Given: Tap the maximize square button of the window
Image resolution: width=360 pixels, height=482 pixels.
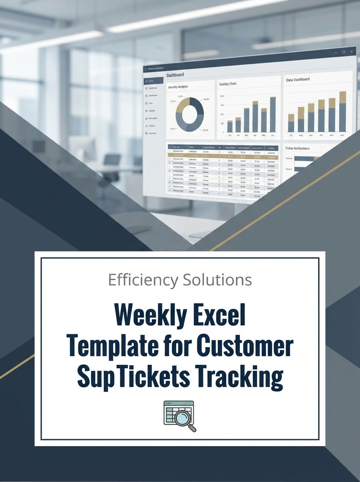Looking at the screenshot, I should pyautogui.click(x=344, y=52).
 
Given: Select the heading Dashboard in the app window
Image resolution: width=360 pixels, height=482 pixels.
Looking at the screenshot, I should pyautogui.click(x=175, y=75).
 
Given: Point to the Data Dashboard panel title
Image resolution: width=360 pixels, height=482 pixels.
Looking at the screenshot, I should pyautogui.click(x=298, y=80).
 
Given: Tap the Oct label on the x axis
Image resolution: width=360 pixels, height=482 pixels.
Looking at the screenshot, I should pyautogui.click(x=321, y=135).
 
